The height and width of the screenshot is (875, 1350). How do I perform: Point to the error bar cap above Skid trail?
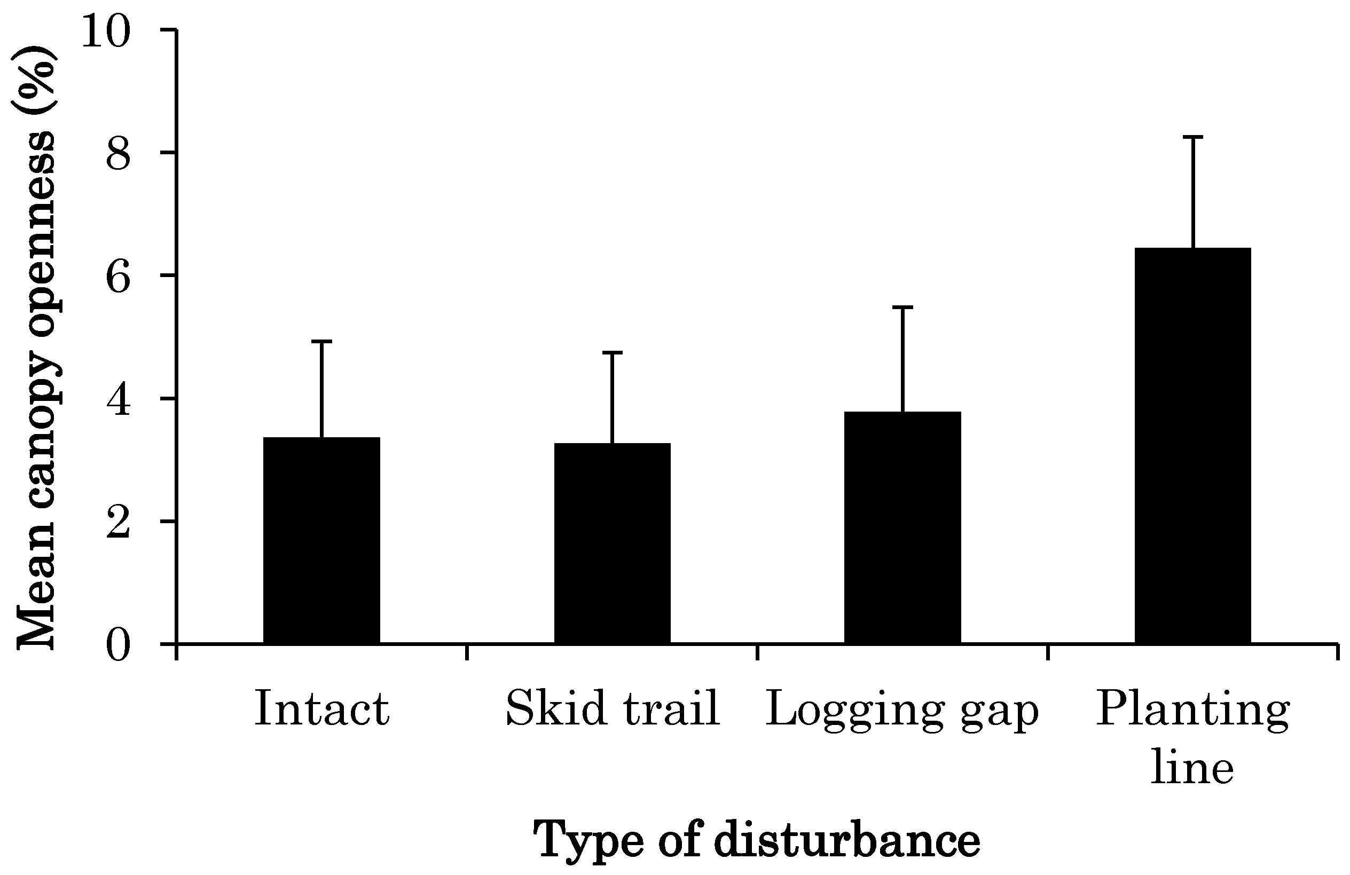click(x=612, y=353)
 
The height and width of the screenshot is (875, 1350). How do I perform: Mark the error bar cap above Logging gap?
click(x=902, y=307)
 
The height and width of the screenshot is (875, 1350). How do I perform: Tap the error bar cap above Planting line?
click(x=1193, y=137)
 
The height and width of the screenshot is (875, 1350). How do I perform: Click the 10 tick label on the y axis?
click(x=106, y=31)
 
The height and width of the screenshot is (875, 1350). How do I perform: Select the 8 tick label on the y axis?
click(x=118, y=154)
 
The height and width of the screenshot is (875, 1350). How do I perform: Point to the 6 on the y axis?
click(x=118, y=277)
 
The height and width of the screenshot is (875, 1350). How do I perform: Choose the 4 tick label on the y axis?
click(x=118, y=400)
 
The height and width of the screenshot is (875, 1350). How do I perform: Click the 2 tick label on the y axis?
click(x=118, y=523)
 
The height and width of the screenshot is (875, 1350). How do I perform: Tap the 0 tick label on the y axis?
click(x=118, y=645)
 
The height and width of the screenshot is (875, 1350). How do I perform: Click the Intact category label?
click(x=321, y=709)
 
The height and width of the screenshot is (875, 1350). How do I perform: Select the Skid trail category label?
click(x=612, y=709)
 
